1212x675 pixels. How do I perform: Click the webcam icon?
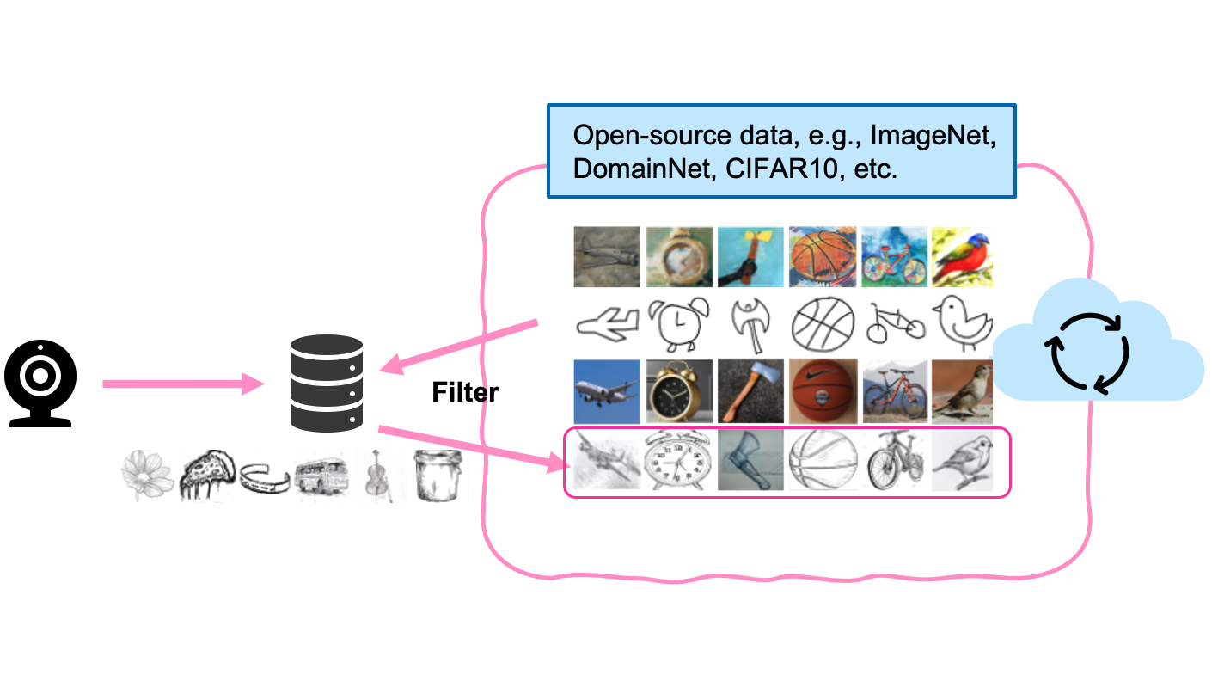pyautogui.click(x=40, y=383)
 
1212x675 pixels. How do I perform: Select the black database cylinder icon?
pyautogui.click(x=326, y=383)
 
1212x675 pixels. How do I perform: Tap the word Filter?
pyautogui.click(x=465, y=393)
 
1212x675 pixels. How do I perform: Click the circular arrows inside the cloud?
pyautogui.click(x=1086, y=353)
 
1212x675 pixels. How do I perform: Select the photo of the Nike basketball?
pyautogui.click(x=823, y=391)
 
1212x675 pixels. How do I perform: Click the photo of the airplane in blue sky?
pyautogui.click(x=607, y=391)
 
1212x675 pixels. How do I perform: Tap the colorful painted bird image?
pyautogui.click(x=963, y=256)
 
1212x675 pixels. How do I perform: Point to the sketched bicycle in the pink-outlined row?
pyautogui.click(x=895, y=460)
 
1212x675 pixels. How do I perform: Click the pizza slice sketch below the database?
pyautogui.click(x=206, y=474)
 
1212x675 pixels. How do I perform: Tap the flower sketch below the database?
pyautogui.click(x=148, y=475)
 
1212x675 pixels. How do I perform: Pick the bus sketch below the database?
pyautogui.click(x=321, y=476)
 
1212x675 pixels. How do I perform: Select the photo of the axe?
pyautogui.click(x=750, y=391)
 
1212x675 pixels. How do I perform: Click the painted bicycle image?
pyautogui.click(x=895, y=256)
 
